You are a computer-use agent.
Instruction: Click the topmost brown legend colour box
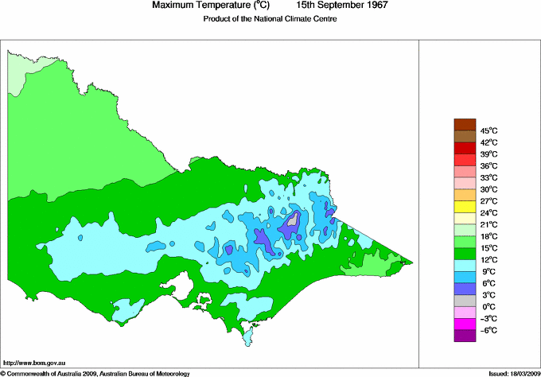(x=464, y=124)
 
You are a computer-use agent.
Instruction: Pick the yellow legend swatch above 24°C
(x=464, y=206)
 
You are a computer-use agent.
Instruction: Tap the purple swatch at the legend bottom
(x=464, y=336)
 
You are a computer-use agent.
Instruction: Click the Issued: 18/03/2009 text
(x=509, y=372)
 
